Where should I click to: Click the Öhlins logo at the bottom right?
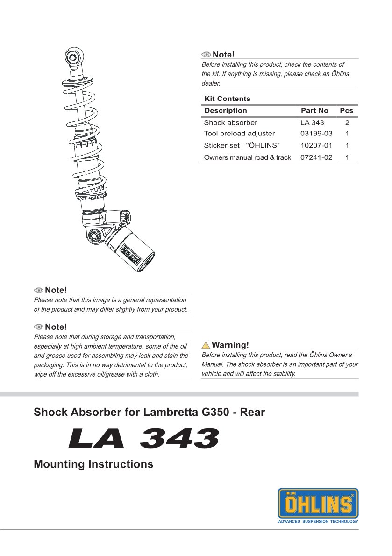click(318, 503)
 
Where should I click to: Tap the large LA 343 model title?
click(143, 439)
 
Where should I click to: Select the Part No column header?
click(314, 111)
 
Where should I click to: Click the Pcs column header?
click(346, 111)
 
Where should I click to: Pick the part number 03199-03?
click(316, 134)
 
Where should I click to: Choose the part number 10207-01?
click(316, 145)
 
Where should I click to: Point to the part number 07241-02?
click(316, 157)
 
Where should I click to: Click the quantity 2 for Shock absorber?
click(347, 123)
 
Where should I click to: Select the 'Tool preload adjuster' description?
click(239, 134)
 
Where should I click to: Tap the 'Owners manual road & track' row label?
click(247, 157)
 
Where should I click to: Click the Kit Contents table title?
click(227, 99)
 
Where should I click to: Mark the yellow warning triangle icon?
click(206, 346)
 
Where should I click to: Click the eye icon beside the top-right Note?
click(206, 55)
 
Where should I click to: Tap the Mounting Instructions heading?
click(93, 464)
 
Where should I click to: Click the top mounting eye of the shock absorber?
click(73, 57)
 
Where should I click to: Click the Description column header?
click(225, 111)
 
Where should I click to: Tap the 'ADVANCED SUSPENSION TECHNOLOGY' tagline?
click(318, 521)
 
